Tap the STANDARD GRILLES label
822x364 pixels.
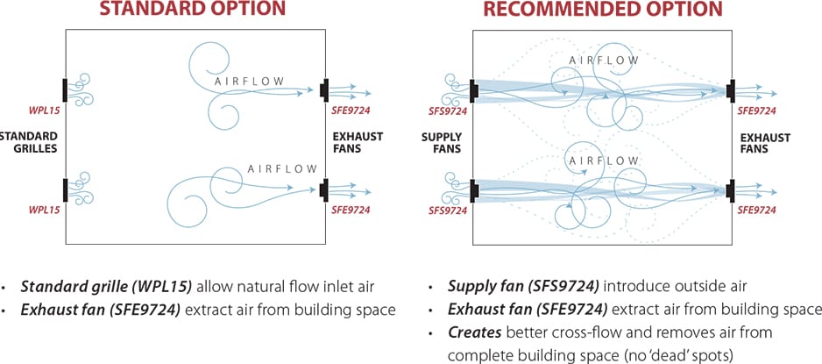tap(29, 143)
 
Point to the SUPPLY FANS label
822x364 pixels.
tap(441, 144)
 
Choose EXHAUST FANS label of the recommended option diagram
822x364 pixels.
tap(765, 144)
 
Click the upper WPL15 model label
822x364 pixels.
tap(43, 112)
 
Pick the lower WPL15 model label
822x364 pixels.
tap(43, 211)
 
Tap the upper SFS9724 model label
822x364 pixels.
tap(448, 111)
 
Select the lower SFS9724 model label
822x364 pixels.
tap(448, 211)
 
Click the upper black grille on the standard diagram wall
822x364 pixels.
tap(66, 89)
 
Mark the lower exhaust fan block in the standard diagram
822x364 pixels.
tap(324, 189)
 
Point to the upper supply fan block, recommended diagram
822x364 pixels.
tap(473, 89)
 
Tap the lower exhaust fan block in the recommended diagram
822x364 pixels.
tap(731, 189)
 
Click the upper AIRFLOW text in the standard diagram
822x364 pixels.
tap(251, 82)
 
